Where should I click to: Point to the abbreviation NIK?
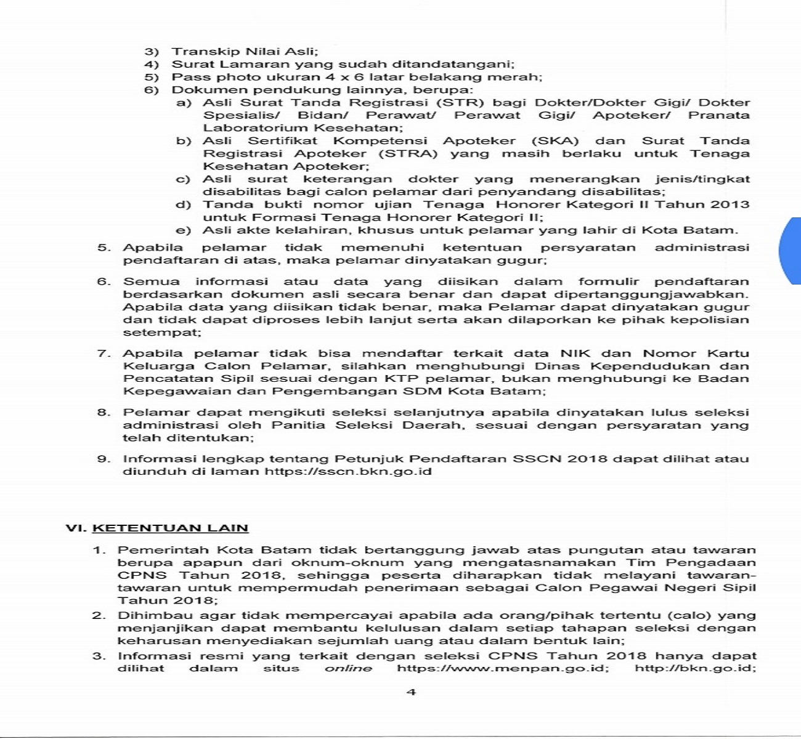tap(575, 353)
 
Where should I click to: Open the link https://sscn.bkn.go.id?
tap(348, 472)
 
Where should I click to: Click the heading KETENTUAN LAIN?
tap(170, 528)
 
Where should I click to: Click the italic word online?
tap(348, 668)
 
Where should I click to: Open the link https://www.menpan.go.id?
tap(503, 668)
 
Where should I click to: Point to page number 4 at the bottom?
tap(412, 692)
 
